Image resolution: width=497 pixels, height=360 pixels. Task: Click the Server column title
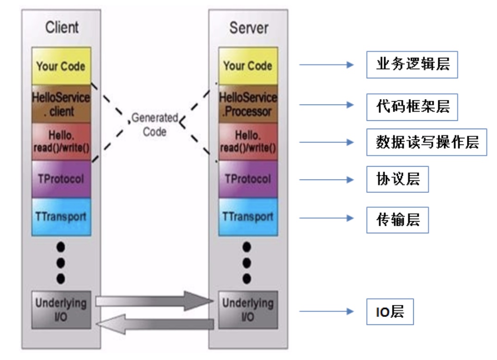click(x=248, y=28)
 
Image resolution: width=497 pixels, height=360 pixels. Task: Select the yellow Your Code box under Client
click(x=61, y=66)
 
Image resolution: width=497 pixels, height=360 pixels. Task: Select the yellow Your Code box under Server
click(x=248, y=66)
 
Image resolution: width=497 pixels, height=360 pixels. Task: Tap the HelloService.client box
click(x=61, y=104)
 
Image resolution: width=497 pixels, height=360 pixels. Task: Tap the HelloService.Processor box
click(x=248, y=104)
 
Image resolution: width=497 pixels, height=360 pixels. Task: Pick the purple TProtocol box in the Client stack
click(x=61, y=179)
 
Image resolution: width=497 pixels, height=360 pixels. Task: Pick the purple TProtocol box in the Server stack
click(x=248, y=179)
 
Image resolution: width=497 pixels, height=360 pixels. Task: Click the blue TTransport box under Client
click(x=61, y=216)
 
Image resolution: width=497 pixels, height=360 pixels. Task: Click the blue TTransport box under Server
click(x=248, y=216)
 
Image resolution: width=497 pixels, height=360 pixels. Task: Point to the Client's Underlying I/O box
click(x=61, y=310)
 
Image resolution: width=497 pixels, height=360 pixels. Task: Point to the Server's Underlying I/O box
click(x=248, y=310)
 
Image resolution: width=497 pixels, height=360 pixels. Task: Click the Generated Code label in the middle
click(x=155, y=124)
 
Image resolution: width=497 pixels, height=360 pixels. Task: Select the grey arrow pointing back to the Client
click(x=155, y=323)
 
